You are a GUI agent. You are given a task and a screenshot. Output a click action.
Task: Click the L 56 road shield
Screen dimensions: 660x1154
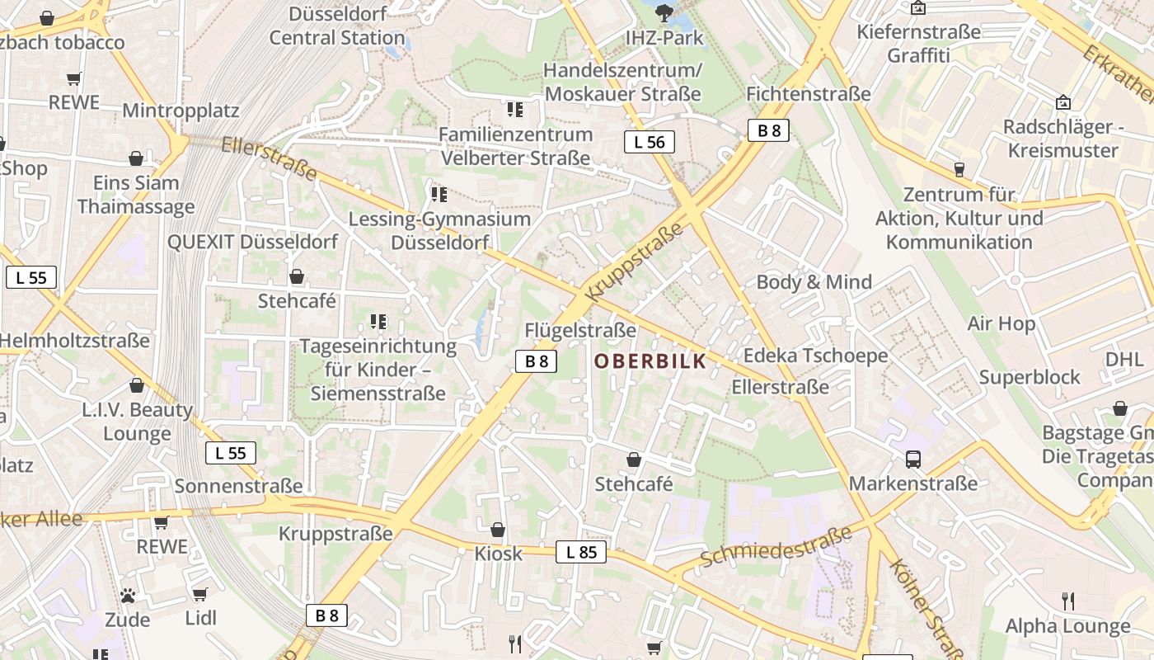tap(650, 142)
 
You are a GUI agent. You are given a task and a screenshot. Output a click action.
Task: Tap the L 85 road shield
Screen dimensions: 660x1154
tap(581, 552)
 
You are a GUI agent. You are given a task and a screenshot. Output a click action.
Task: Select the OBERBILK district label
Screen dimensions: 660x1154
tap(650, 361)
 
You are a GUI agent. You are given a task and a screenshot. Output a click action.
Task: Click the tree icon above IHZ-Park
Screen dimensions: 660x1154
tap(664, 12)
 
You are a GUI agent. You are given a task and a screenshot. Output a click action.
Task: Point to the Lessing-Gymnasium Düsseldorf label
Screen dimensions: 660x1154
tap(439, 231)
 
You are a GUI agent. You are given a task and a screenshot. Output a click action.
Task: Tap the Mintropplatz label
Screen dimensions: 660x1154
tap(181, 111)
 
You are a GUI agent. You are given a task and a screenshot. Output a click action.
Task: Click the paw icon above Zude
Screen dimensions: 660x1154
tap(127, 595)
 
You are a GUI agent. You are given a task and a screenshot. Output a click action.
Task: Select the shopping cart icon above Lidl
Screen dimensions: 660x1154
tap(199, 594)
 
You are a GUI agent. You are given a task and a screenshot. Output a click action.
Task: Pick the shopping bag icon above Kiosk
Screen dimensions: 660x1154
tap(498, 530)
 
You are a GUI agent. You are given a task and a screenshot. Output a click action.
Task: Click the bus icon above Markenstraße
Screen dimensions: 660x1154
tap(913, 460)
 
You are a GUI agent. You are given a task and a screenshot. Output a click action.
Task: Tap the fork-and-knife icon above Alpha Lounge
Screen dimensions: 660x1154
tap(1068, 601)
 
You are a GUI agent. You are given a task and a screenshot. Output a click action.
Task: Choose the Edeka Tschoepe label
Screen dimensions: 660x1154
tap(815, 356)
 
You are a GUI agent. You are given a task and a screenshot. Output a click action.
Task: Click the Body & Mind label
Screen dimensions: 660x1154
tap(814, 282)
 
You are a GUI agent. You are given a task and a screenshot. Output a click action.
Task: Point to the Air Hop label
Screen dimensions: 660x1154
tap(1001, 323)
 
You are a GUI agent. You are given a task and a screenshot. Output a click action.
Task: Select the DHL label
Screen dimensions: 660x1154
tap(1124, 359)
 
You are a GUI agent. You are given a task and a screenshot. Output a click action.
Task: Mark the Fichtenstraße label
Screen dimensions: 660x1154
tap(808, 94)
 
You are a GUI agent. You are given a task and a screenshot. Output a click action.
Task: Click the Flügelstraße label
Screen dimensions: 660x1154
tap(580, 330)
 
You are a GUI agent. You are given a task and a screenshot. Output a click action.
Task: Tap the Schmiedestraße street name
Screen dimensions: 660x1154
tap(775, 546)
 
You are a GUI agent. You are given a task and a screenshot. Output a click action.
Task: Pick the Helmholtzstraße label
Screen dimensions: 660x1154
tap(75, 340)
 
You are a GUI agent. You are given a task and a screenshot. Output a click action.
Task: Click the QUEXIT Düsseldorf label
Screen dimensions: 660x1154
tap(252, 242)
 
